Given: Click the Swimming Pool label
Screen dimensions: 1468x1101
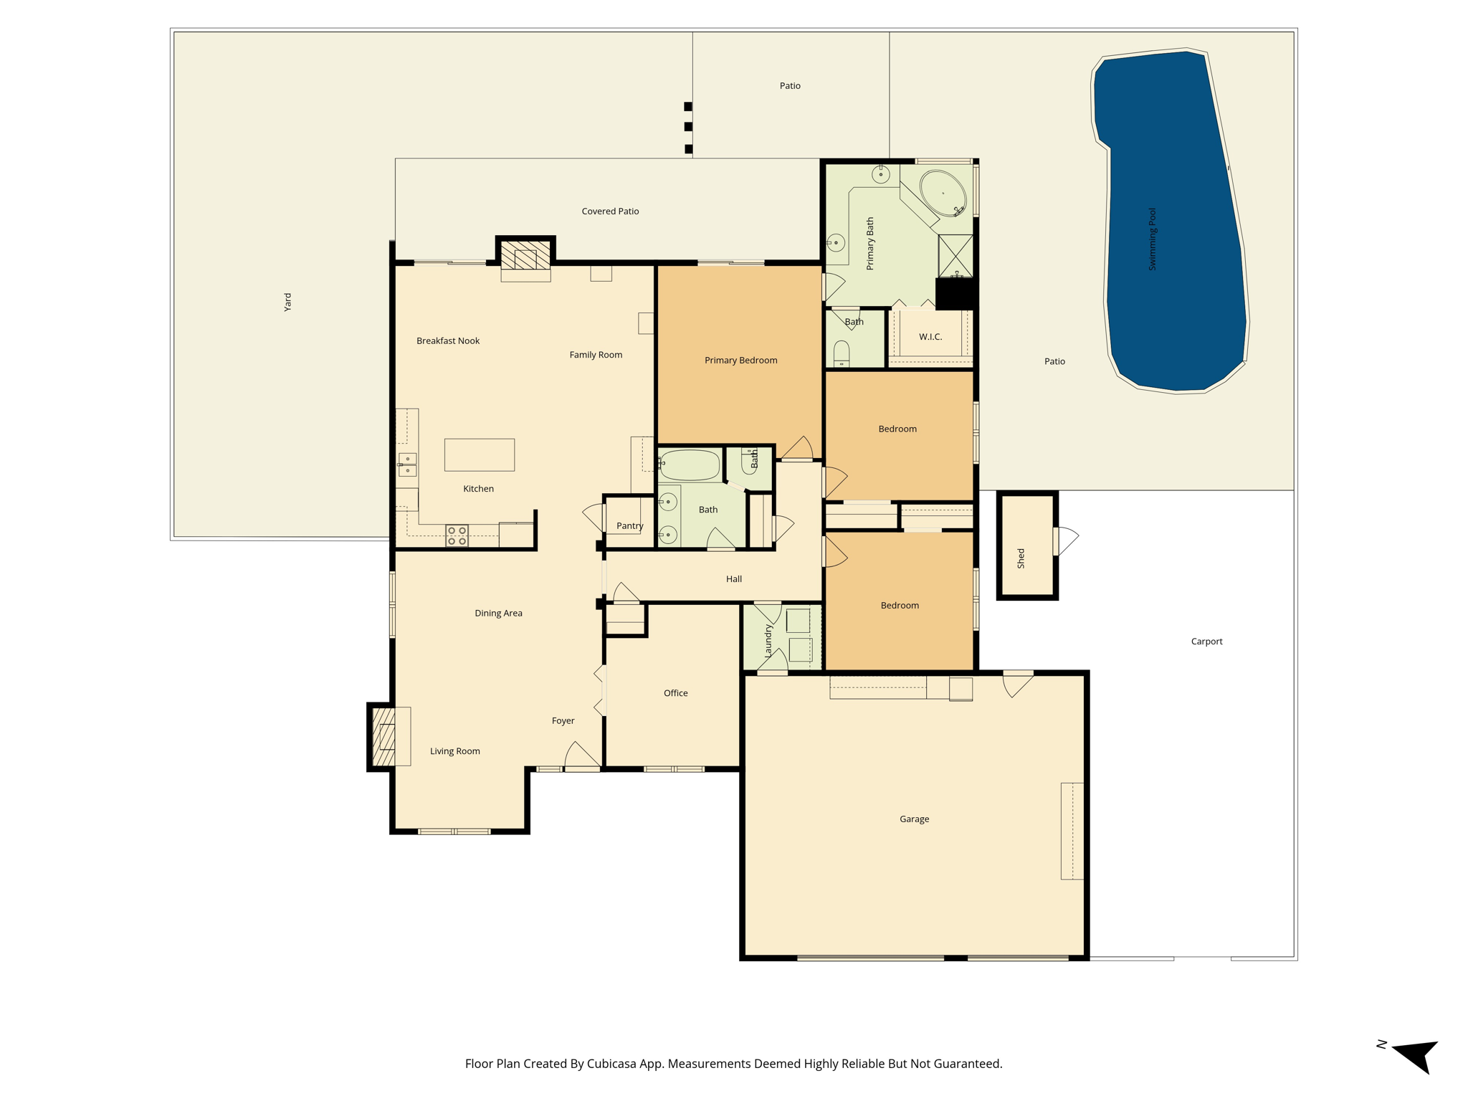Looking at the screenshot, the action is pos(1153,239).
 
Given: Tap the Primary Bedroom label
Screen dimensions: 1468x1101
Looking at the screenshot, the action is pos(740,361).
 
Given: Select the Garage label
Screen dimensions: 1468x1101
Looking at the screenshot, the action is pos(914,819).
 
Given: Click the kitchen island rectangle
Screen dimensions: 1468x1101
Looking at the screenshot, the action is pos(480,454).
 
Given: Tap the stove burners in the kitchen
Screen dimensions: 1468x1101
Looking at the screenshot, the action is pos(457,535).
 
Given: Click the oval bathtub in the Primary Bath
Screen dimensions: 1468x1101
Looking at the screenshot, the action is pos(943,192).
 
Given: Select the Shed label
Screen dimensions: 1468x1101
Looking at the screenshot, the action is pos(1021,558).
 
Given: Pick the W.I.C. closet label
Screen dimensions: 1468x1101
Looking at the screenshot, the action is pos(930,337).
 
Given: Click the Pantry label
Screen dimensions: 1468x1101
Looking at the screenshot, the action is pos(630,526).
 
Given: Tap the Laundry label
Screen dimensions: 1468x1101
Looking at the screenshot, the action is pos(768,640).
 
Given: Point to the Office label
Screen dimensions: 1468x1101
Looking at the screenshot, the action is pos(675,693).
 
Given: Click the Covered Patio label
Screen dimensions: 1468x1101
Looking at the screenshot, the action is pos(610,211).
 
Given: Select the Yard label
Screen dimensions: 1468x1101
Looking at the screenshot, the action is pos(287,302).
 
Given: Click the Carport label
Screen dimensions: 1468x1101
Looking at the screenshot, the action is pos(1206,642).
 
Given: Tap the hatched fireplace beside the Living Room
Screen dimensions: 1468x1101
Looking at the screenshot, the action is pos(384,737).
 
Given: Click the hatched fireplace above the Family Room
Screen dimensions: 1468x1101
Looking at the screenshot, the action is pos(525,254).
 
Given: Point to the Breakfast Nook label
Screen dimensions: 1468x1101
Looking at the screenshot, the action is pos(448,341).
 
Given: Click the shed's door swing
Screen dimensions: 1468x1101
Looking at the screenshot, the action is pos(1068,540).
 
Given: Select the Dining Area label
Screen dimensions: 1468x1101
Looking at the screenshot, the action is pos(498,614).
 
